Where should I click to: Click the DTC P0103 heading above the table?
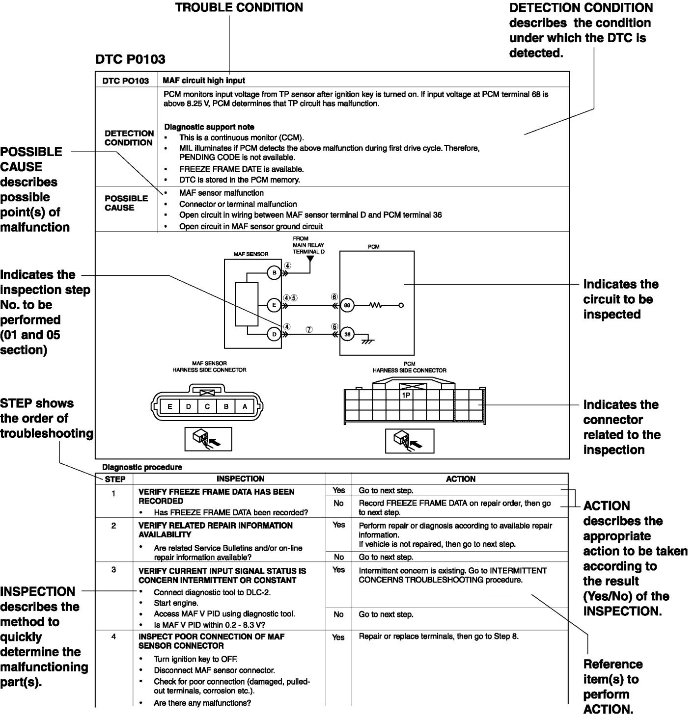(x=130, y=59)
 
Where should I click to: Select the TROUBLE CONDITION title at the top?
(x=239, y=7)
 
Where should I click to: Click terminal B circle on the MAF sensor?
(x=274, y=272)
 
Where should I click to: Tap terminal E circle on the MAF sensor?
(x=274, y=305)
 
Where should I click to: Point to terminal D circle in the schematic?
(x=274, y=335)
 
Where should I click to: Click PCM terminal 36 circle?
(x=347, y=335)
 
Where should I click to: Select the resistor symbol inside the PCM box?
(x=376, y=305)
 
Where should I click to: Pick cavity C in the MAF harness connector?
(x=207, y=406)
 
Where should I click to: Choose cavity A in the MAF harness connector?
(x=245, y=406)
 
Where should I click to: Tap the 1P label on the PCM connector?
(x=406, y=394)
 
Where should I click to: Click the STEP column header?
(x=115, y=479)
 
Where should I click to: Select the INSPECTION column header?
(x=240, y=479)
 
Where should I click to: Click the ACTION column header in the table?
(x=460, y=479)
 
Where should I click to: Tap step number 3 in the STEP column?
(x=114, y=570)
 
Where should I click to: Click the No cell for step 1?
(x=338, y=503)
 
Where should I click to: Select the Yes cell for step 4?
(x=338, y=637)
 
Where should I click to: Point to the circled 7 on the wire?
(x=309, y=329)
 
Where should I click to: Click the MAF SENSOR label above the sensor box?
(x=250, y=254)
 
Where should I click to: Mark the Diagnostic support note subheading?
(x=209, y=127)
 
